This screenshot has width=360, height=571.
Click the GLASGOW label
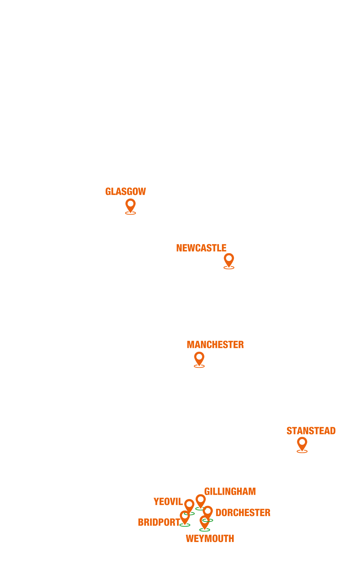point(126,192)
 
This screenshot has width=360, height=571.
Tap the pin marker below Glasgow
point(131,205)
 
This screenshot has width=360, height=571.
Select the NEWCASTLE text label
point(201,248)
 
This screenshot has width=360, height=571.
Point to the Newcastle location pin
point(229,259)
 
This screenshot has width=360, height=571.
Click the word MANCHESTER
point(215,345)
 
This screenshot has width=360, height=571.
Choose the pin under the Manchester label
point(199,358)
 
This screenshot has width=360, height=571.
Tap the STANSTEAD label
point(311,431)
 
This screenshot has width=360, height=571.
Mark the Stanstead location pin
point(302,443)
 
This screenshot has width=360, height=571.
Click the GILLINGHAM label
point(230,492)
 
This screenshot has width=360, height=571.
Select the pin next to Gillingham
point(201,500)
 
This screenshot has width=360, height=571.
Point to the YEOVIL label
point(168,502)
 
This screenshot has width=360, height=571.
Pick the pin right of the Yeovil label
point(189,505)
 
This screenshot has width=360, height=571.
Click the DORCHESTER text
point(243,513)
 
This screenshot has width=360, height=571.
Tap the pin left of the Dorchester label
point(208,512)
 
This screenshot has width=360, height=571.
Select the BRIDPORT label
point(159,522)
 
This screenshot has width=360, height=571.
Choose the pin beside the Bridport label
point(185,517)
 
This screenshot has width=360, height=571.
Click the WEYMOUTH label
point(210,539)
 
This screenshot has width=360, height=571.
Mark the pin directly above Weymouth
point(205,521)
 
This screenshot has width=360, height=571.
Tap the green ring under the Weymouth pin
point(205,530)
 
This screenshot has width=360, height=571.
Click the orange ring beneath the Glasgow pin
point(131,213)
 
